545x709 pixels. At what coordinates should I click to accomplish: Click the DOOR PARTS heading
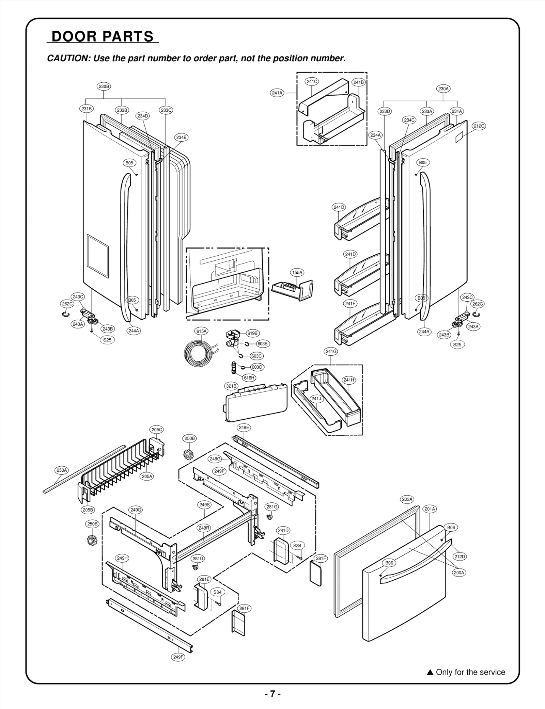click(x=103, y=36)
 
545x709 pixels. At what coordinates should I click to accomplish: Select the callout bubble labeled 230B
click(x=104, y=86)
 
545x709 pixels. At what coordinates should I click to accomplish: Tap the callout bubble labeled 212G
click(x=479, y=126)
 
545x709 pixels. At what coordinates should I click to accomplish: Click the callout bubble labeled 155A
click(x=297, y=272)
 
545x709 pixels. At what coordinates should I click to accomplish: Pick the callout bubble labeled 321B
click(x=231, y=386)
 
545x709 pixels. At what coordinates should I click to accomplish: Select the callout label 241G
click(x=331, y=352)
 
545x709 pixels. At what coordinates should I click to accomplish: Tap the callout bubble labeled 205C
click(x=157, y=430)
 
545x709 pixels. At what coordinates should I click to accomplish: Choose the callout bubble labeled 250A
click(x=62, y=470)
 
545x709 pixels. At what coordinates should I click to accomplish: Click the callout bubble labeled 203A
click(x=407, y=499)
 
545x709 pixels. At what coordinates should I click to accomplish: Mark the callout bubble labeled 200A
click(x=459, y=573)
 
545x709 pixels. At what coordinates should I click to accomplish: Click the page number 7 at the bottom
click(x=272, y=694)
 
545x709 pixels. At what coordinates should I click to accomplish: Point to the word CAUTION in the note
click(x=67, y=58)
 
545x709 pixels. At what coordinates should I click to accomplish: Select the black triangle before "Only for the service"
click(x=430, y=672)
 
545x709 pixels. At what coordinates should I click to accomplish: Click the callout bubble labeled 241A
click(x=277, y=93)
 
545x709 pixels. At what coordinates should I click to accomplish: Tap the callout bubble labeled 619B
click(x=252, y=333)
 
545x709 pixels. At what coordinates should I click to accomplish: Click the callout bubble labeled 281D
click(x=283, y=530)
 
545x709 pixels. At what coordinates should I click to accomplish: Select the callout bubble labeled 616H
click(x=249, y=378)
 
